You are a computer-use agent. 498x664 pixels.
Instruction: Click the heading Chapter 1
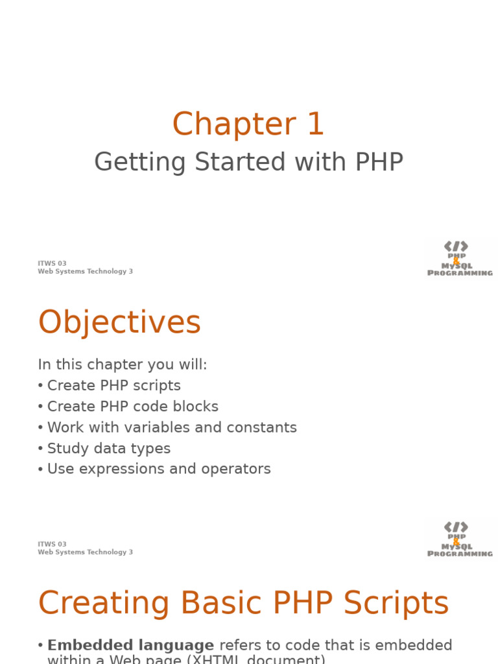click(x=248, y=124)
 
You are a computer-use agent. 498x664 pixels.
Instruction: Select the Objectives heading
click(x=120, y=322)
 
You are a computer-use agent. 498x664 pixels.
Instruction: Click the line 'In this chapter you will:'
click(x=123, y=364)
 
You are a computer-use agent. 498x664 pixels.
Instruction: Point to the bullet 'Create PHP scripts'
click(x=113, y=386)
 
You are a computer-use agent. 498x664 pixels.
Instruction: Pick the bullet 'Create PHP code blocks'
click(x=132, y=407)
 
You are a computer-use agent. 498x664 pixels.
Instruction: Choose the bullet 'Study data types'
click(x=108, y=448)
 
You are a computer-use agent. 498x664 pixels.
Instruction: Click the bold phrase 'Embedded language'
click(x=130, y=645)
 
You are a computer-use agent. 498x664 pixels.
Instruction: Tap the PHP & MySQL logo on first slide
click(x=460, y=259)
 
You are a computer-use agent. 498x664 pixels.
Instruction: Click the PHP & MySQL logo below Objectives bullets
click(x=460, y=539)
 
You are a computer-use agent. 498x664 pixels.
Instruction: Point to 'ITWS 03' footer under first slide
click(x=52, y=264)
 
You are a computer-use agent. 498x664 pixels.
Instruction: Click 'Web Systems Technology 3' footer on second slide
click(x=85, y=552)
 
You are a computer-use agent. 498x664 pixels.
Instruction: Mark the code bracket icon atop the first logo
click(x=456, y=246)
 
